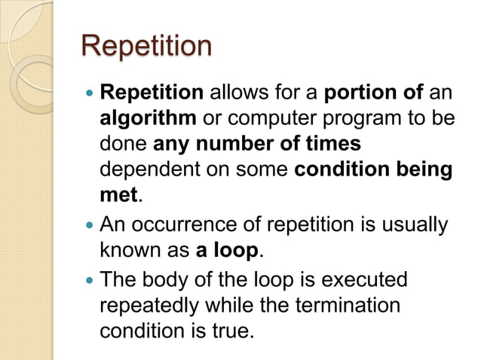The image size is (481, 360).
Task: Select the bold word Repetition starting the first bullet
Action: pos(152,93)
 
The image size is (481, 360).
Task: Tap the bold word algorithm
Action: pos(149,119)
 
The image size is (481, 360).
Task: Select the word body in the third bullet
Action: pos(171,280)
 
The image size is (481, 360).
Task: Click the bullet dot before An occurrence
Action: pos(91,224)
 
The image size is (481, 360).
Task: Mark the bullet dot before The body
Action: pos(91,280)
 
